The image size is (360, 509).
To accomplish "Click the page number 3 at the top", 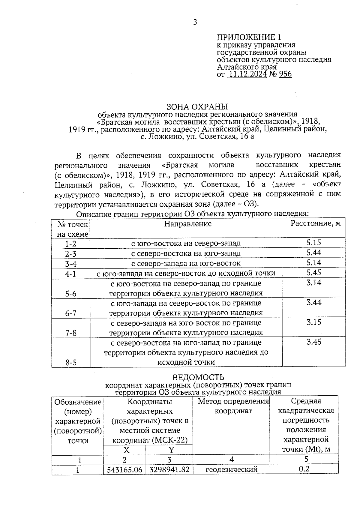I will [195, 22].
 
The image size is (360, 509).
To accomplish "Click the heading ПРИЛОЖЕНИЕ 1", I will [249, 37].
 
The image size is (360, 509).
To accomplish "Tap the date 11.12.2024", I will [247, 74].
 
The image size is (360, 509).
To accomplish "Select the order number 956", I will [285, 74].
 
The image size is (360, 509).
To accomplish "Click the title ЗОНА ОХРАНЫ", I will [197, 107].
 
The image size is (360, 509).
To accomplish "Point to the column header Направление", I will [188, 224].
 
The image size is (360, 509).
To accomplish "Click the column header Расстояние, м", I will [316, 223].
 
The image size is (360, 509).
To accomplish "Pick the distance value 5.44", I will [313, 253].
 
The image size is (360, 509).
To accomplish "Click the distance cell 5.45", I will [313, 272].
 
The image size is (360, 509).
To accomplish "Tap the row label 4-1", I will [71, 274].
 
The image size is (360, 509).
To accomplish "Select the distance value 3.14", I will [313, 283].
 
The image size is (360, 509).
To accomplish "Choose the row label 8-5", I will [71, 363].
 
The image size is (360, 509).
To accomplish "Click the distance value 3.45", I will [313, 342].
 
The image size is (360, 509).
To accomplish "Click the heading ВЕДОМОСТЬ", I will [198, 377].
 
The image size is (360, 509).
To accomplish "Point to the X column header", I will [126, 450].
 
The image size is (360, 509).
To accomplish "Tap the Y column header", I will [171, 450].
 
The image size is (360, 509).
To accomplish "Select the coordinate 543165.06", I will [124, 470].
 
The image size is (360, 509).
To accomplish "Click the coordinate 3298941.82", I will [169, 470].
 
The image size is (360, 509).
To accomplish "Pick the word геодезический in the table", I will [231, 470].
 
